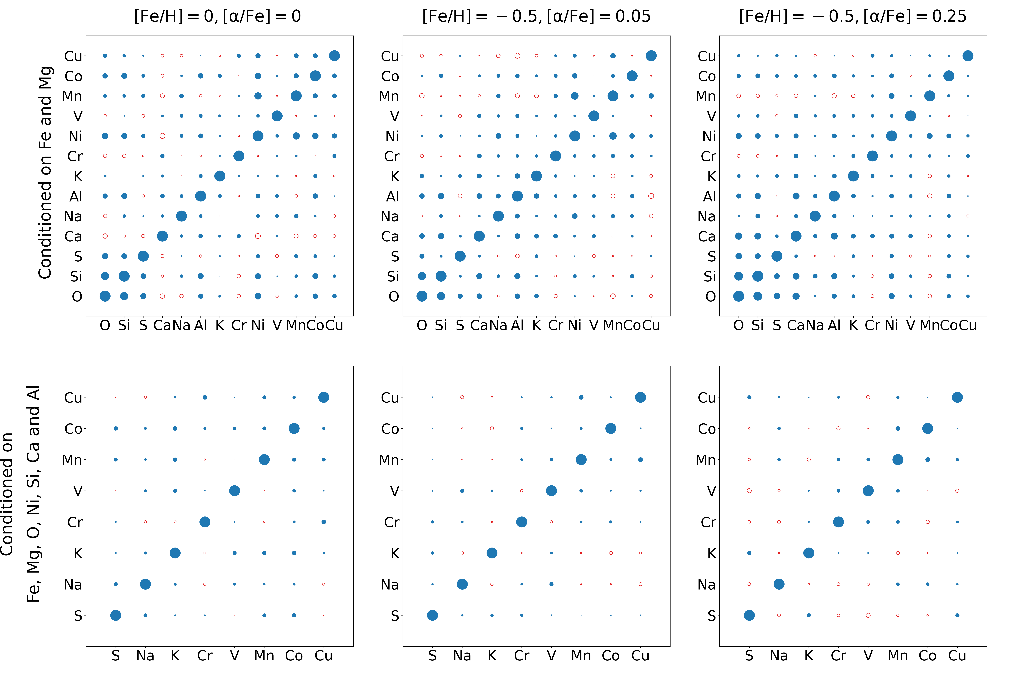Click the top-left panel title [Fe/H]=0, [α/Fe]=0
[217, 16]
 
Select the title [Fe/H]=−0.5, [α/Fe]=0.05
[536, 16]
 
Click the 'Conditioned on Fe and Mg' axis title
[45, 172]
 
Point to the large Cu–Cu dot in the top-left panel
[334, 56]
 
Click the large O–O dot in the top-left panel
[105, 296]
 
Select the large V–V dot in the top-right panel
[910, 116]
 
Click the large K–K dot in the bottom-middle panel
[492, 553]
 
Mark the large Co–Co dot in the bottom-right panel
[928, 428]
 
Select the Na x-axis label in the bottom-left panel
[145, 656]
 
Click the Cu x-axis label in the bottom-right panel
[957, 656]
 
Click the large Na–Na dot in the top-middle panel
[498, 216]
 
